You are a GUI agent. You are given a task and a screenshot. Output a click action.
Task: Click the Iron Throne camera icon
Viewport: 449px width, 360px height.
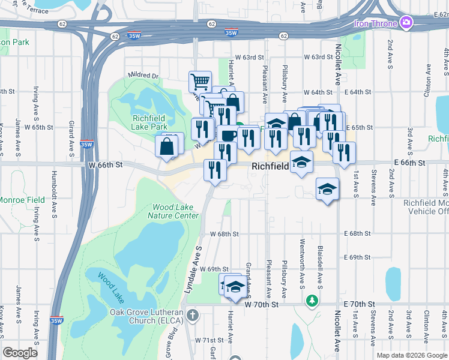406,23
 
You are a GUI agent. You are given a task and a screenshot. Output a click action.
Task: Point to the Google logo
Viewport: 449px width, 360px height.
20,353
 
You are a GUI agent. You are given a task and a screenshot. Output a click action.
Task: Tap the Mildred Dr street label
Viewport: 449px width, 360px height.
142,76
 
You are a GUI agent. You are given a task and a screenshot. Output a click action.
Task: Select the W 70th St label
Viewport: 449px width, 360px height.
262,305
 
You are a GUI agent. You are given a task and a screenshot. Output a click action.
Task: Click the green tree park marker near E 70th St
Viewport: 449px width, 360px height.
312,299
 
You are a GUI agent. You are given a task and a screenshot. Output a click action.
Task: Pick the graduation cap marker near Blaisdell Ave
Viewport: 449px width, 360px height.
327,190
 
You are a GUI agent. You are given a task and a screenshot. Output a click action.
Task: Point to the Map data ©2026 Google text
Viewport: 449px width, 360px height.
411,355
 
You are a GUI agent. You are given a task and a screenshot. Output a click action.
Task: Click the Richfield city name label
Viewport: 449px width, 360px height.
271,166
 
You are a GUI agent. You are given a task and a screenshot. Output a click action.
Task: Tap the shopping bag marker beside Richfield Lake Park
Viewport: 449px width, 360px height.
166,146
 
